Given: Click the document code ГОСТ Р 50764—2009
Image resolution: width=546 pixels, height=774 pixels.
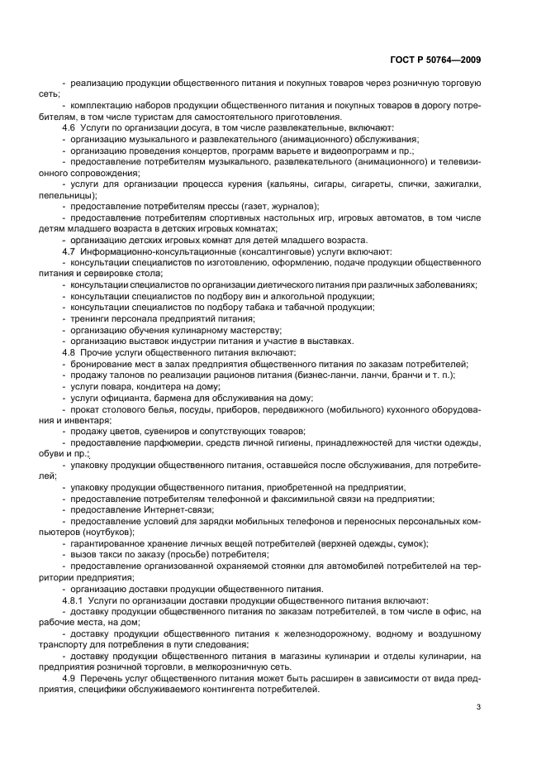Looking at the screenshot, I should pos(435,60).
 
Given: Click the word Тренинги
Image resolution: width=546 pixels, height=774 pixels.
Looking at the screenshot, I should pos(90,318).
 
